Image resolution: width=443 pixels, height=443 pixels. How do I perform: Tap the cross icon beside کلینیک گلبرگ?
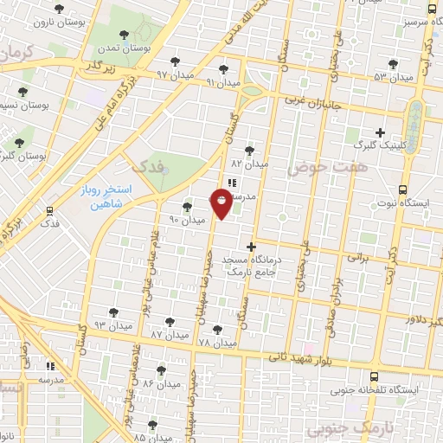tap(380, 132)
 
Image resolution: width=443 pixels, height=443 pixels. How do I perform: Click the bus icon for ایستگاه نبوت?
tap(401, 189)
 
